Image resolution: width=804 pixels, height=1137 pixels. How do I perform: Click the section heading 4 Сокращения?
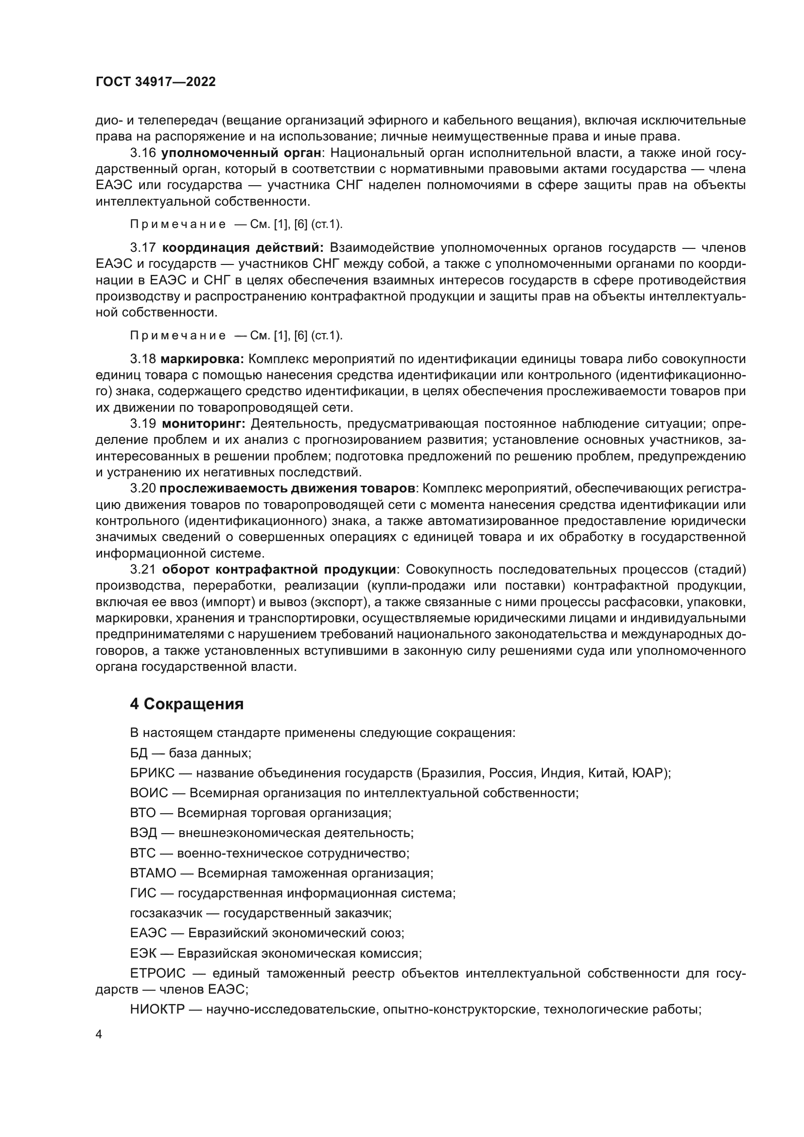pos(187,704)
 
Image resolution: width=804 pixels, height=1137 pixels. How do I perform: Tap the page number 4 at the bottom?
pos(99,1034)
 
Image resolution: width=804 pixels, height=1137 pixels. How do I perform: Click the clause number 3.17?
pos(143,247)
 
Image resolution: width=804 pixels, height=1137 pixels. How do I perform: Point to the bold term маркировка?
pos(203,359)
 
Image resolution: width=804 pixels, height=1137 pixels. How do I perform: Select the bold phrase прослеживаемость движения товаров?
pos(287,488)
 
